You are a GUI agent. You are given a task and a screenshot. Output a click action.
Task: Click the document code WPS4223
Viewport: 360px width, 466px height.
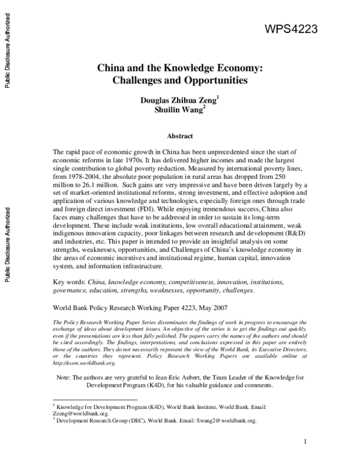pos(290,29)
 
